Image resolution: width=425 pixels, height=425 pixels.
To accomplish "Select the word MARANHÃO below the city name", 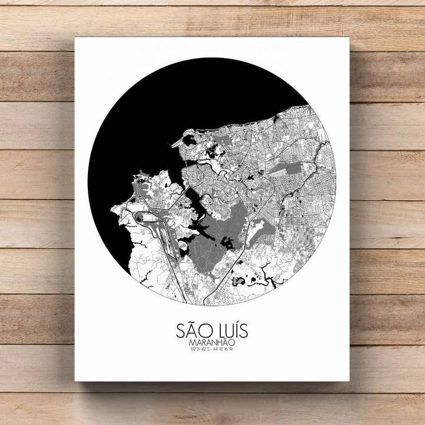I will (x=212, y=342).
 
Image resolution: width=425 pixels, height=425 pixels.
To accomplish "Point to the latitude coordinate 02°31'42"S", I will (x=200, y=349).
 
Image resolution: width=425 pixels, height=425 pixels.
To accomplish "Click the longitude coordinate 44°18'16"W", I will (x=224, y=349).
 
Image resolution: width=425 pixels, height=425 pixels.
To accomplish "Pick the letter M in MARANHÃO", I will (x=192, y=342).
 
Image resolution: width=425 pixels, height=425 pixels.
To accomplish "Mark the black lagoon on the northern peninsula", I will (x=190, y=140).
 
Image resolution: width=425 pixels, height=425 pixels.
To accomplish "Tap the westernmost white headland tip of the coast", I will (x=112, y=208).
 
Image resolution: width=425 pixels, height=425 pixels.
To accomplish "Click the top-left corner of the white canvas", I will (x=76, y=38).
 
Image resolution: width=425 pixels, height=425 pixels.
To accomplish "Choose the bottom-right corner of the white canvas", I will (x=349, y=381).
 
